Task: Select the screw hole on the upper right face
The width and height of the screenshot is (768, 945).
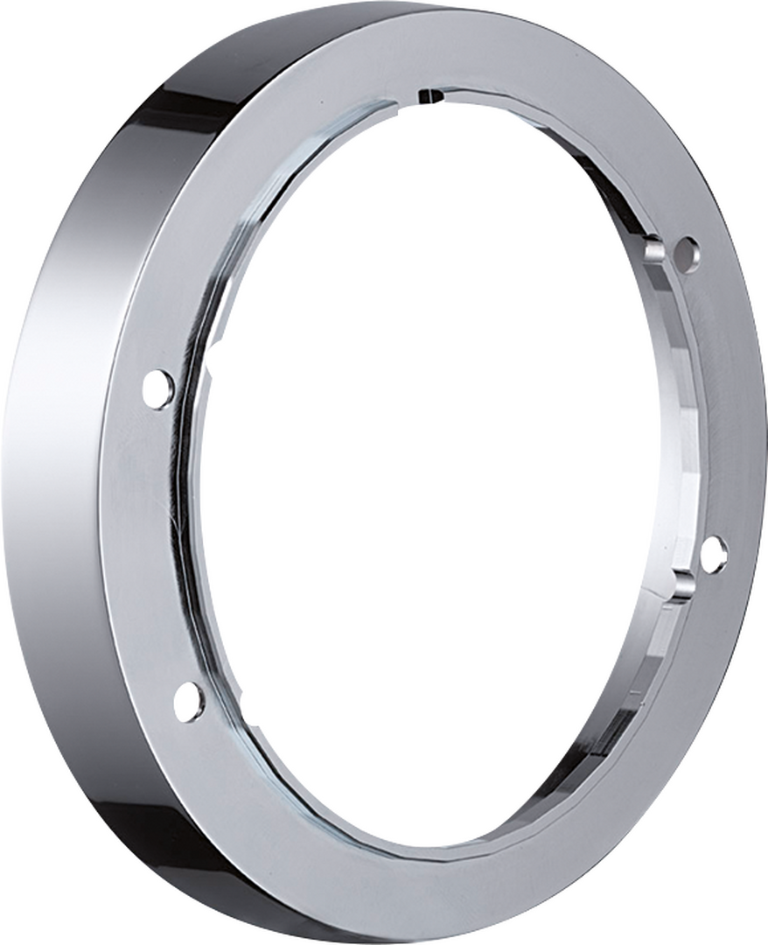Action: pyautogui.click(x=688, y=255)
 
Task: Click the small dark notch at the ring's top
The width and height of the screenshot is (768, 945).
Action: pyautogui.click(x=429, y=94)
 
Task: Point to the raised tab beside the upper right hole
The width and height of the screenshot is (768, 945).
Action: pyautogui.click(x=655, y=249)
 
